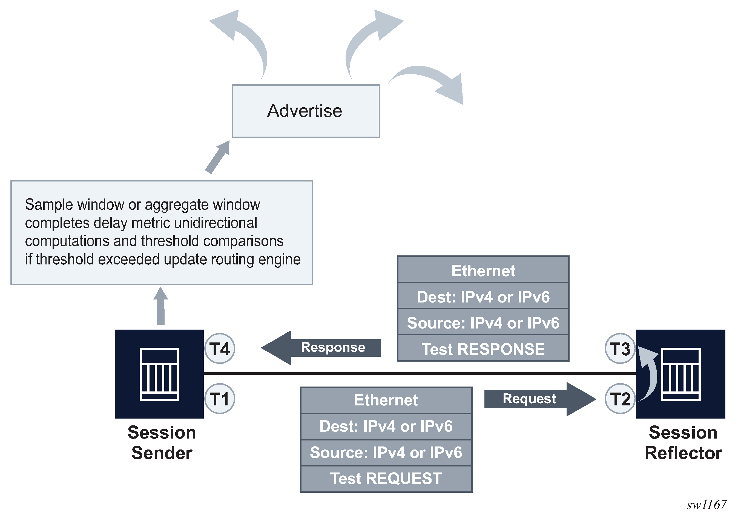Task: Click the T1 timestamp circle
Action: [220, 399]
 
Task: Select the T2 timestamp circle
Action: [620, 399]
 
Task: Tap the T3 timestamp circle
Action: [620, 348]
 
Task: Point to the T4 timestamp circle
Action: [220, 348]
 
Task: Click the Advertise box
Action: [306, 111]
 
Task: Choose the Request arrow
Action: [540, 399]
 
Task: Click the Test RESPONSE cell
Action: [483, 349]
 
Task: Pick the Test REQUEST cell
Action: [386, 478]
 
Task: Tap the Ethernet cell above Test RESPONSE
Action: [483, 270]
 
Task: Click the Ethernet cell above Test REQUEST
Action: [386, 400]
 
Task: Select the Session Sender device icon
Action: [159, 374]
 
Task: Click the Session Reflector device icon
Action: [680, 374]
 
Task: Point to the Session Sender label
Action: [162, 442]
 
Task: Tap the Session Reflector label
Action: [683, 442]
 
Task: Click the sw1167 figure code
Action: [706, 505]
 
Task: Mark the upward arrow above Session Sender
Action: [161, 306]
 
